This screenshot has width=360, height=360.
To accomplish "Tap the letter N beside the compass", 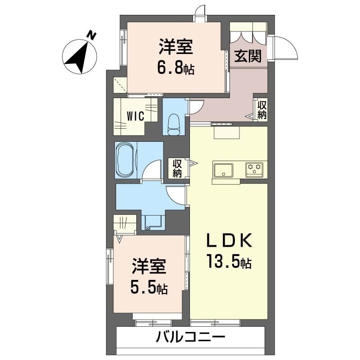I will pyautogui.click(x=92, y=34).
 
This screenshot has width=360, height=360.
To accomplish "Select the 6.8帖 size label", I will pyautogui.click(x=175, y=68).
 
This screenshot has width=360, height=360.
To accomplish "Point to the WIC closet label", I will pyautogui.click(x=135, y=116).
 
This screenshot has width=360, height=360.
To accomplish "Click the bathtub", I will pyautogui.click(x=126, y=161).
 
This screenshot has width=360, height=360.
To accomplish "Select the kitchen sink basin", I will pyautogui.click(x=224, y=170).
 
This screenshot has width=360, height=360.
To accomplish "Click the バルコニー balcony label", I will pyautogui.click(x=191, y=337).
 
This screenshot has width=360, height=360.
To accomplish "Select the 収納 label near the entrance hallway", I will pyautogui.click(x=262, y=109).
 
